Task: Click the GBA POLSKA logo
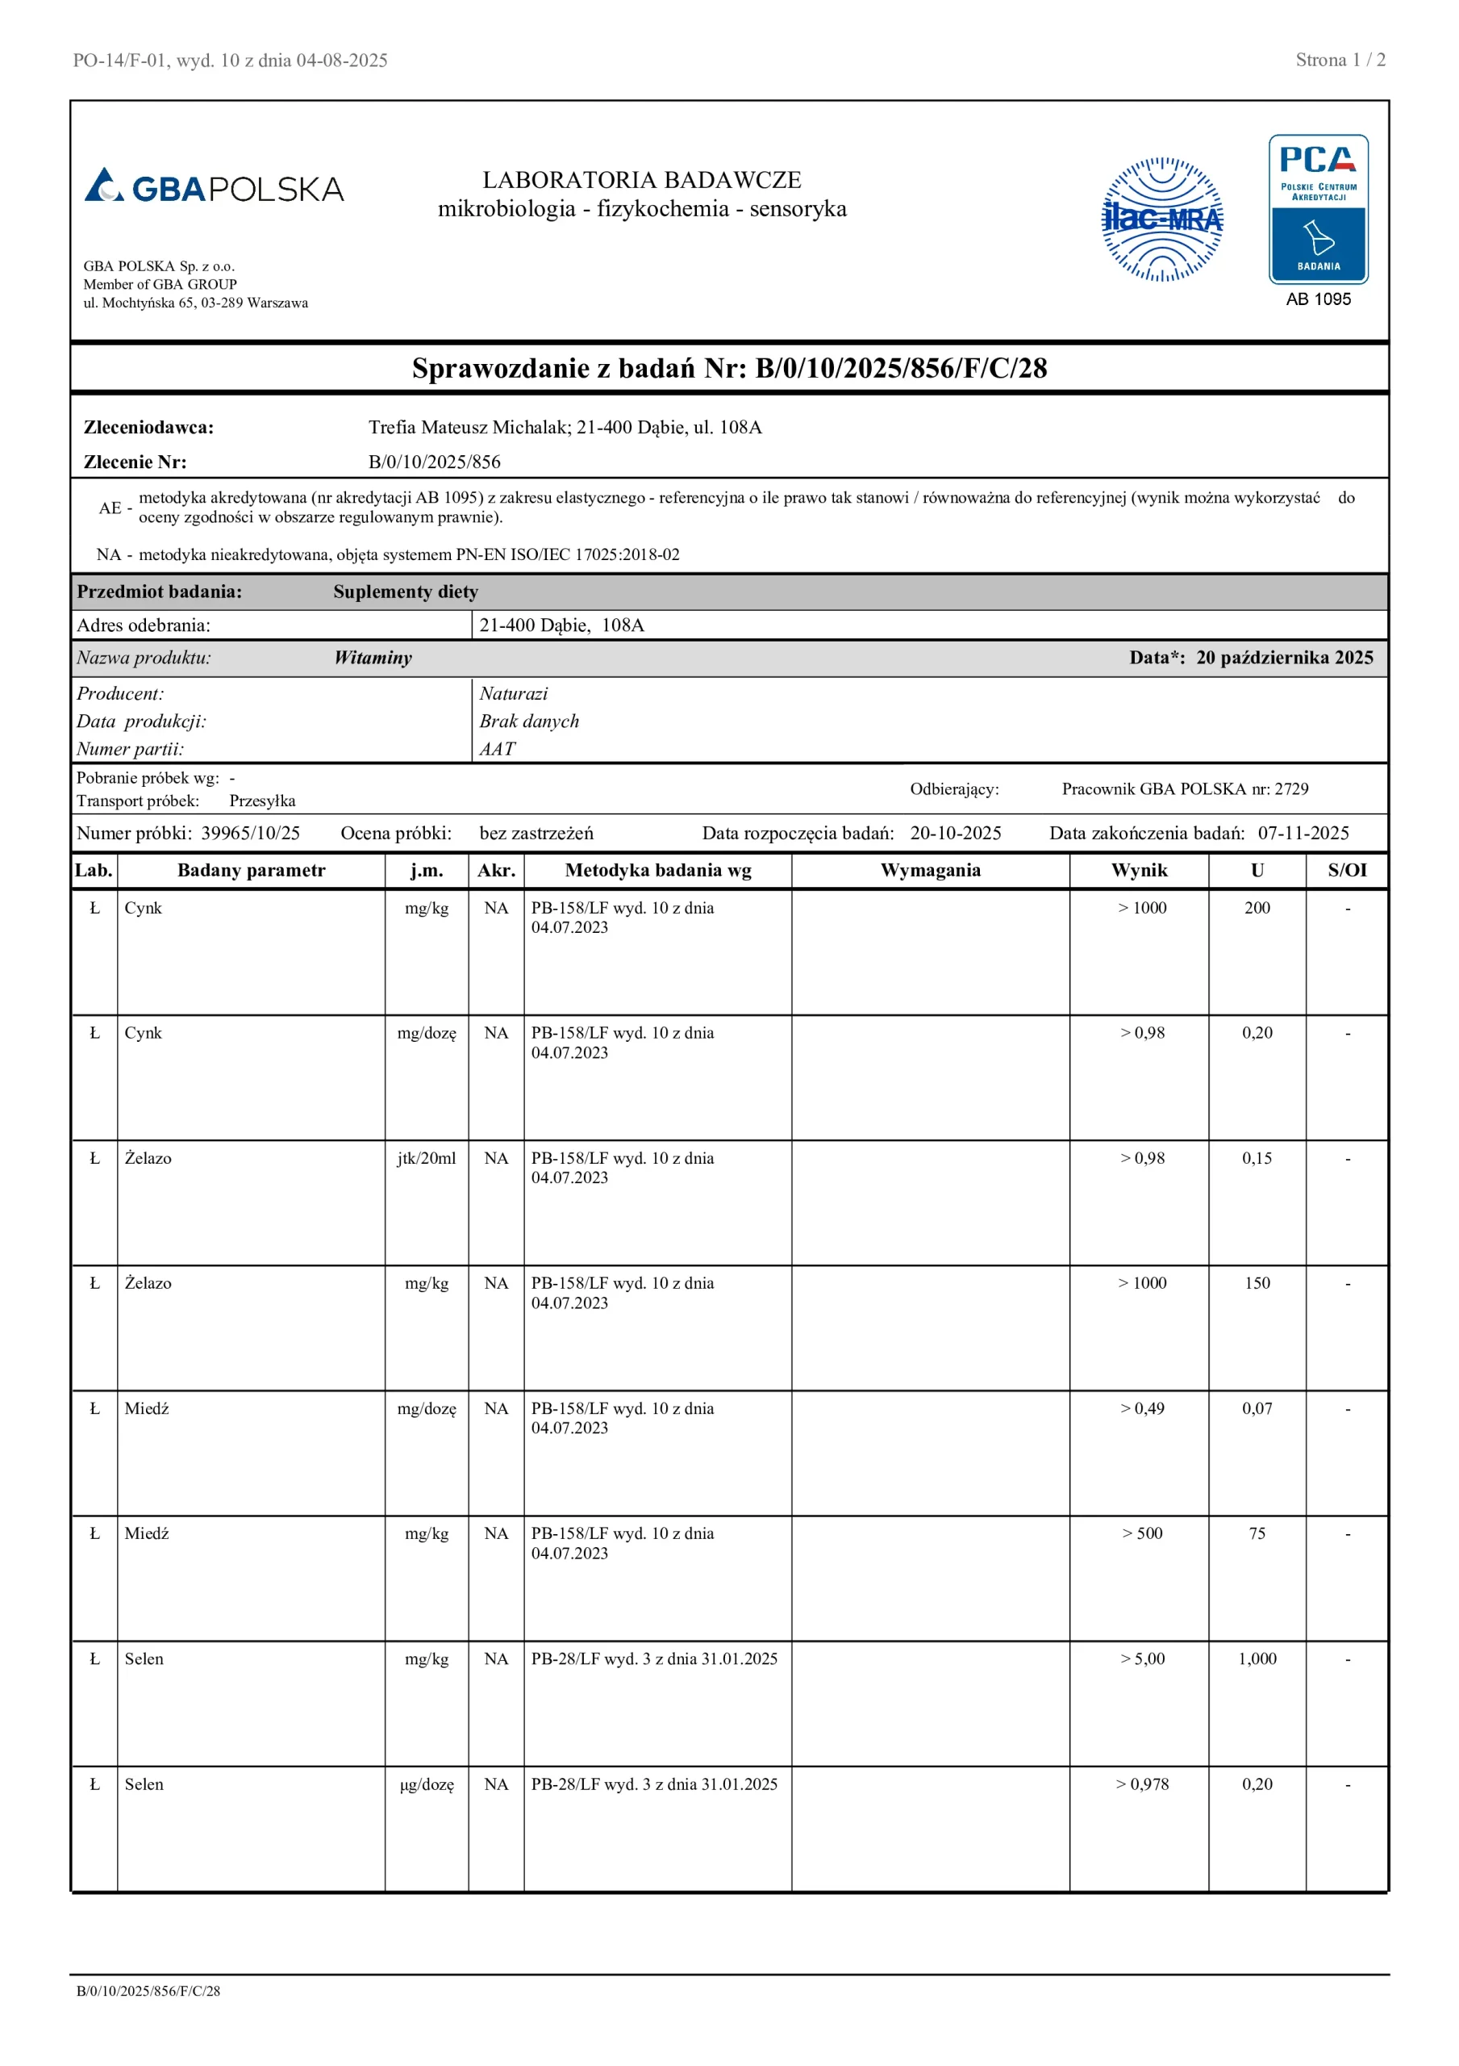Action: [x=214, y=187]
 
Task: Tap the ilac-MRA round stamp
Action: [x=1162, y=220]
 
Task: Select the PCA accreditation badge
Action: [x=1318, y=210]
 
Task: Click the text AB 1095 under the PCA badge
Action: [x=1318, y=299]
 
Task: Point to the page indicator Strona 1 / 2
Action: [x=1340, y=61]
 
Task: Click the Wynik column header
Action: [x=1139, y=870]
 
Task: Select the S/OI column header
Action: [x=1347, y=870]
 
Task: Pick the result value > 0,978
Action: [x=1142, y=1784]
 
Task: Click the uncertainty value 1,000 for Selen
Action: [x=1257, y=1658]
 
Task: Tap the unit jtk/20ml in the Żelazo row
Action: [x=427, y=1158]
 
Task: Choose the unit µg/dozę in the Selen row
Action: [x=427, y=1784]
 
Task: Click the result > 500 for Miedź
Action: [x=1142, y=1533]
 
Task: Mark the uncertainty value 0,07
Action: [x=1257, y=1408]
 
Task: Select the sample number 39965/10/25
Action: [x=250, y=833]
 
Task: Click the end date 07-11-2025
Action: [x=1303, y=833]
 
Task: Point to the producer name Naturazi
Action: [x=513, y=694]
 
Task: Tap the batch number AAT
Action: [x=498, y=749]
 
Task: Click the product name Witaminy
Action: [x=373, y=658]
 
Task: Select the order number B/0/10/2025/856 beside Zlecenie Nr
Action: [x=435, y=462]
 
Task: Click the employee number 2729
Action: [x=1292, y=789]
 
